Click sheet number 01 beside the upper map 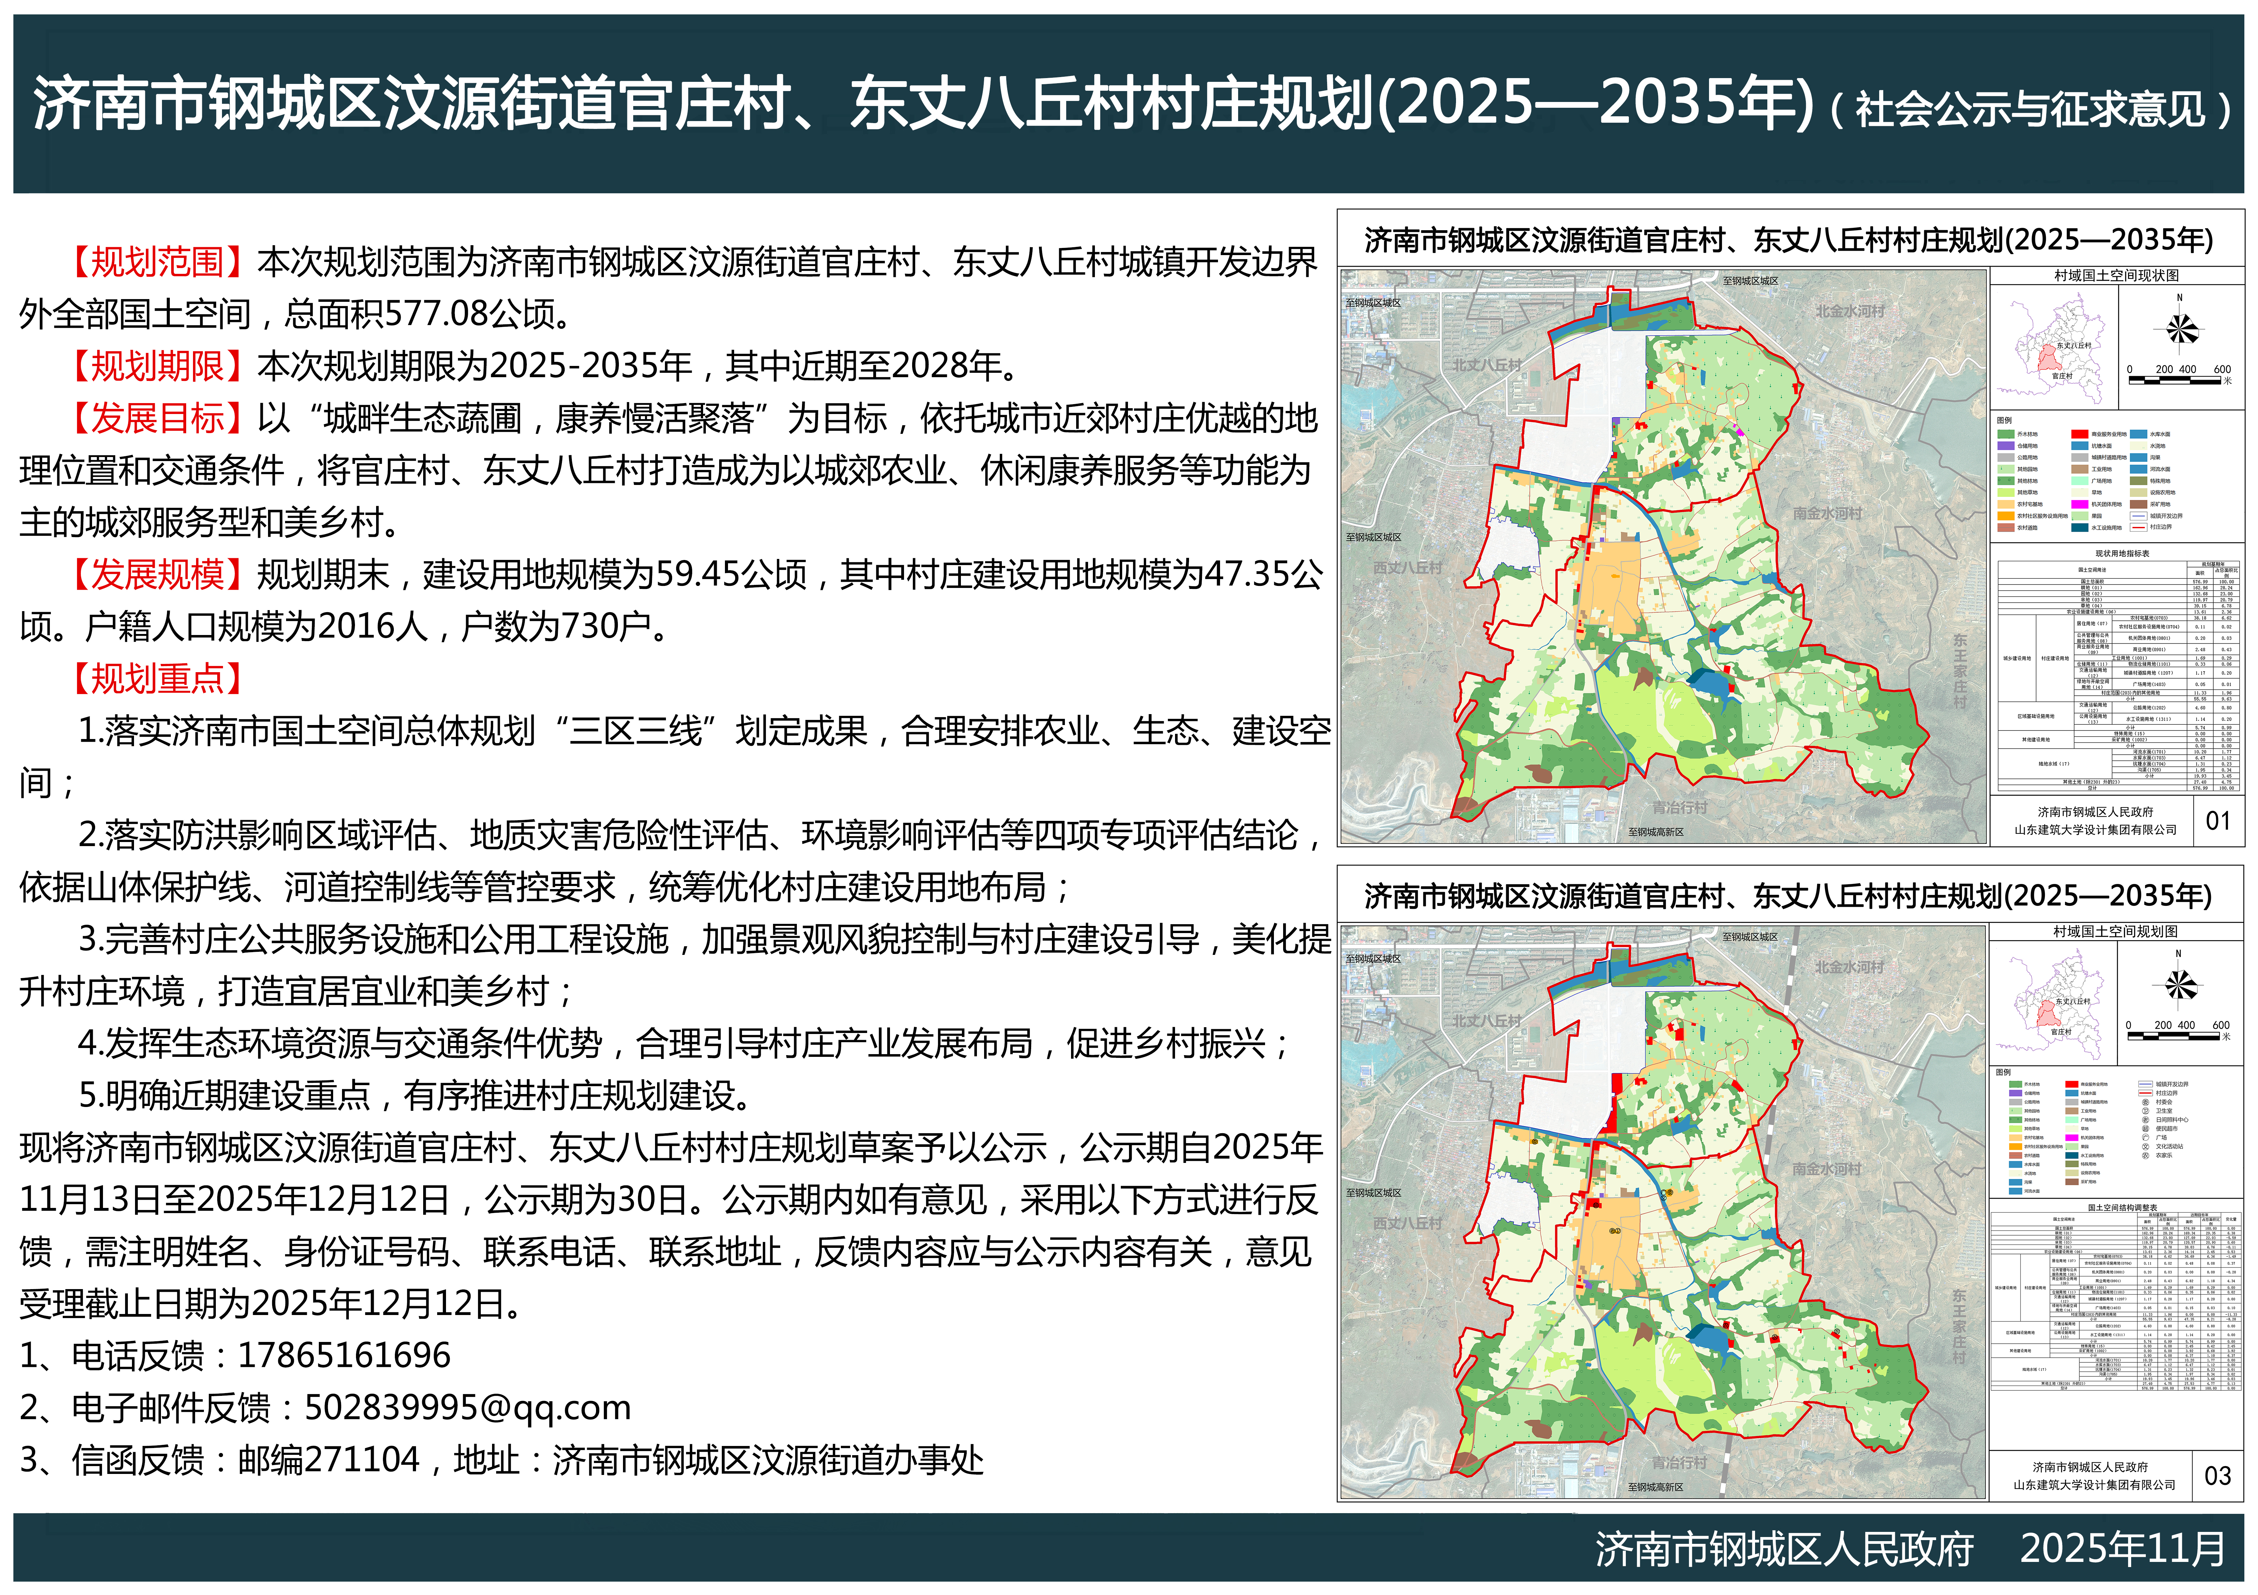[x=2218, y=820]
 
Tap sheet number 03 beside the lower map [x=2218, y=1475]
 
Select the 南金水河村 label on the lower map [x=1826, y=1169]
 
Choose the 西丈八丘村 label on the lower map [x=1407, y=1223]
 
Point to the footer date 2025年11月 [x=2122, y=1549]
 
